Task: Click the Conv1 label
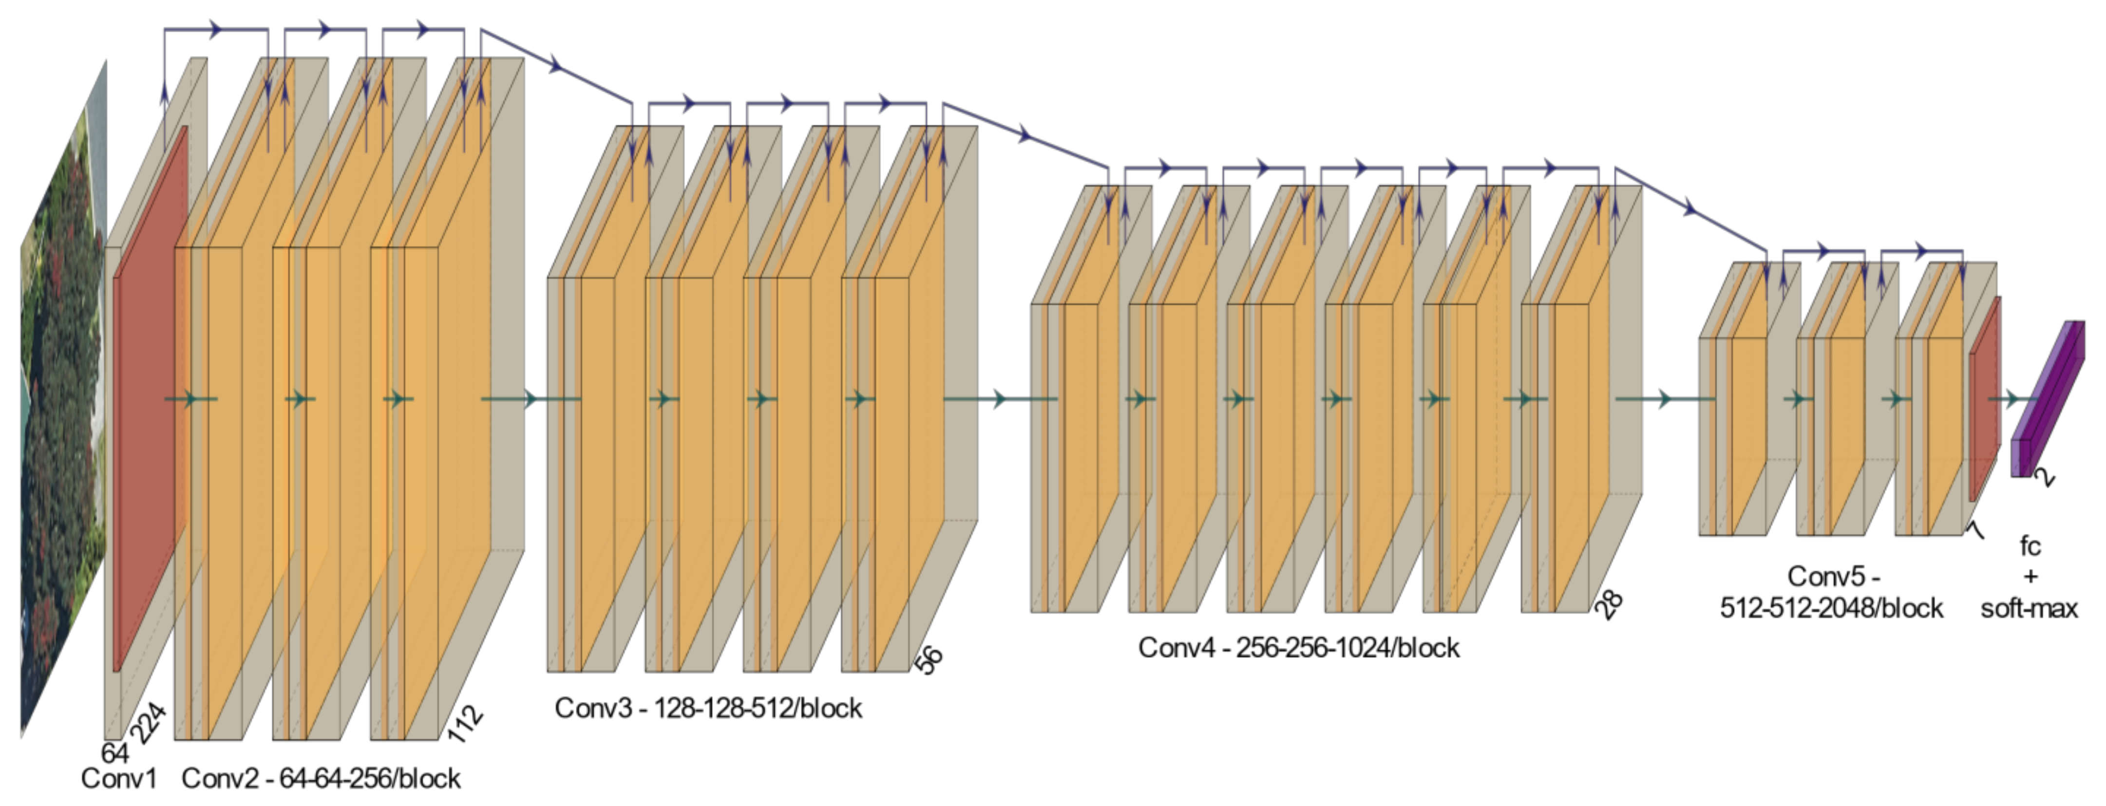[118, 778]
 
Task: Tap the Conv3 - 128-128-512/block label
[708, 708]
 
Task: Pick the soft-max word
[2029, 609]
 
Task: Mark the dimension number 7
[1974, 530]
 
